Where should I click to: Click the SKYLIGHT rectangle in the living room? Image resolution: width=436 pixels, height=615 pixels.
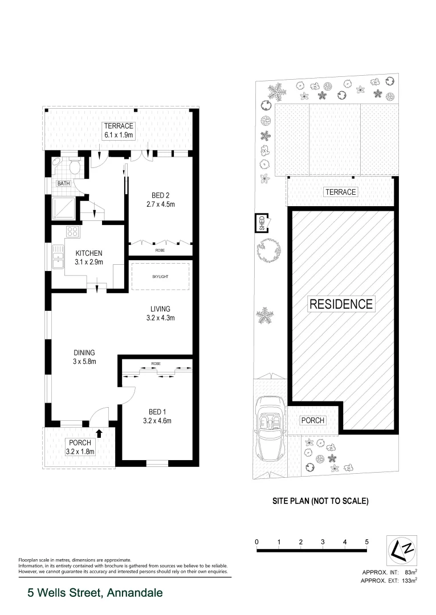point(160,276)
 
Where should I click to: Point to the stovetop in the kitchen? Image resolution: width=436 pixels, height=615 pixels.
point(73,231)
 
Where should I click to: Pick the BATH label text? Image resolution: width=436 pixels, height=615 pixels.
point(63,184)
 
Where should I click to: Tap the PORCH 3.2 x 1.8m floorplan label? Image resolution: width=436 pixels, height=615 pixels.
point(80,447)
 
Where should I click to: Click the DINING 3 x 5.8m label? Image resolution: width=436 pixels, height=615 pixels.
point(83,356)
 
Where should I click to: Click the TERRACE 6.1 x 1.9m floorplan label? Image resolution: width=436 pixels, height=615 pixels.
point(119,130)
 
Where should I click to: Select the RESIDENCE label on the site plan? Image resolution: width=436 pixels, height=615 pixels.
point(341,304)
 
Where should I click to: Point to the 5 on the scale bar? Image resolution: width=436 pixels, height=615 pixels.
point(366,542)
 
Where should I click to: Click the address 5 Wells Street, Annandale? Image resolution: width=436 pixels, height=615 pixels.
point(95,593)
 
